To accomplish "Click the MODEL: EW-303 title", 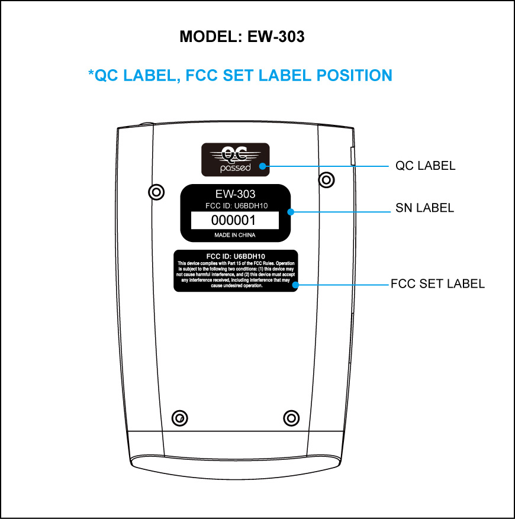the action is click(x=242, y=37).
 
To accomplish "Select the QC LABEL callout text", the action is click(x=425, y=166).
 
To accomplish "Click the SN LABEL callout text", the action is click(x=424, y=208).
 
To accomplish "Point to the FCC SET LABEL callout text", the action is click(x=437, y=283).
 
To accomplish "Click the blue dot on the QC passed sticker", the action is click(x=263, y=166).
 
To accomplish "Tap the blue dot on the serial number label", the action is click(x=291, y=212).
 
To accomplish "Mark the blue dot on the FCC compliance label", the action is click(x=295, y=285).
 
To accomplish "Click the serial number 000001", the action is click(x=233, y=220).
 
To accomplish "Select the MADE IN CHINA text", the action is click(x=235, y=235).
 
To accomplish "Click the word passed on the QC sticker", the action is click(x=236, y=168).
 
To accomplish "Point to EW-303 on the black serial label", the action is click(x=235, y=194).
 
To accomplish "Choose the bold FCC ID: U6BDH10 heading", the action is click(x=236, y=256).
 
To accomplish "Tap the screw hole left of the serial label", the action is click(x=156, y=192).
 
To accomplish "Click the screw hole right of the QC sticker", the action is click(x=327, y=180).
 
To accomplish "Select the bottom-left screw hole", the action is click(x=180, y=418).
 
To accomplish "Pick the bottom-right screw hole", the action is click(x=291, y=418).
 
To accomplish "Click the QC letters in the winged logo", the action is click(x=235, y=153).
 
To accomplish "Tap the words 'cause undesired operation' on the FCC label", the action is click(x=237, y=286).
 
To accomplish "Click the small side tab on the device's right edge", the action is click(x=353, y=156).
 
